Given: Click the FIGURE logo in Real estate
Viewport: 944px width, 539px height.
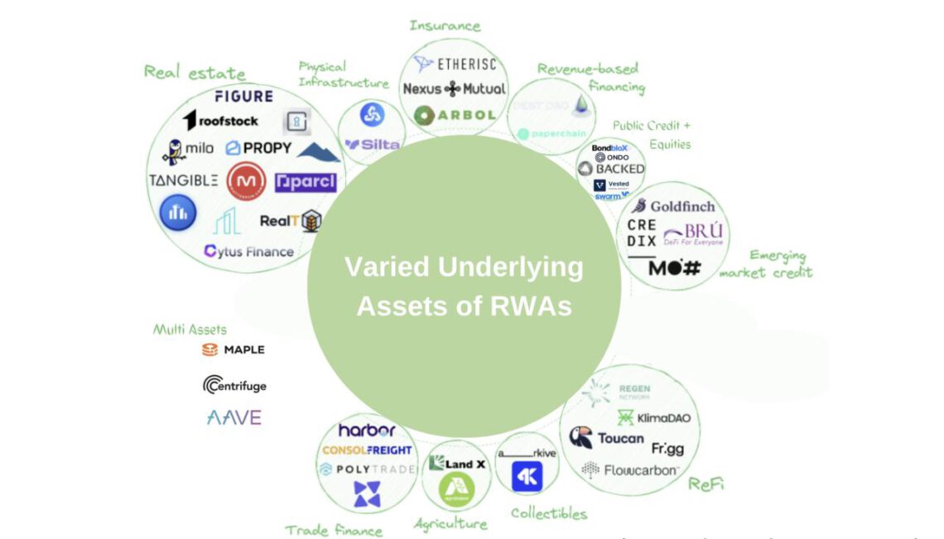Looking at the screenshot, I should (243, 96).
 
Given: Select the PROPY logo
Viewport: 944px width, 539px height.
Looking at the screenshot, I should (258, 148).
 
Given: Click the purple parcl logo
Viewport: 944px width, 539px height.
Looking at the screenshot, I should (306, 181).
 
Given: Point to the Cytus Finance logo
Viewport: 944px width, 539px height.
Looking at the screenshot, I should (248, 251).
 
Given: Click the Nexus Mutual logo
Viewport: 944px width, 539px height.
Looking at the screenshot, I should (454, 89).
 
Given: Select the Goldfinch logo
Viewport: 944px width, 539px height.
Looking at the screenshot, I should (672, 206).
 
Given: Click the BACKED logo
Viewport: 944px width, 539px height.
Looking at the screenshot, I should (611, 169).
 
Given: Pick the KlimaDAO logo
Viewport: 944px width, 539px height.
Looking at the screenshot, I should (653, 417).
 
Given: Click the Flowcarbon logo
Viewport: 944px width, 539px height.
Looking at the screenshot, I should (631, 471).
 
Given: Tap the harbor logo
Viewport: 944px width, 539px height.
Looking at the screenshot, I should (367, 431).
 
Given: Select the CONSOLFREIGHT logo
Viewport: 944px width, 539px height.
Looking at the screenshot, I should (367, 450).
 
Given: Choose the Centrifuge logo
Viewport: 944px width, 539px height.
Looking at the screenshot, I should (235, 385).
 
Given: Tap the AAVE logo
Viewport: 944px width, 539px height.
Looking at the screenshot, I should (234, 417).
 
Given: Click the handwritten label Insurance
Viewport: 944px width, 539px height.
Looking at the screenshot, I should (445, 26).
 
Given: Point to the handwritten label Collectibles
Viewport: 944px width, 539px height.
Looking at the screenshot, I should (548, 513).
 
